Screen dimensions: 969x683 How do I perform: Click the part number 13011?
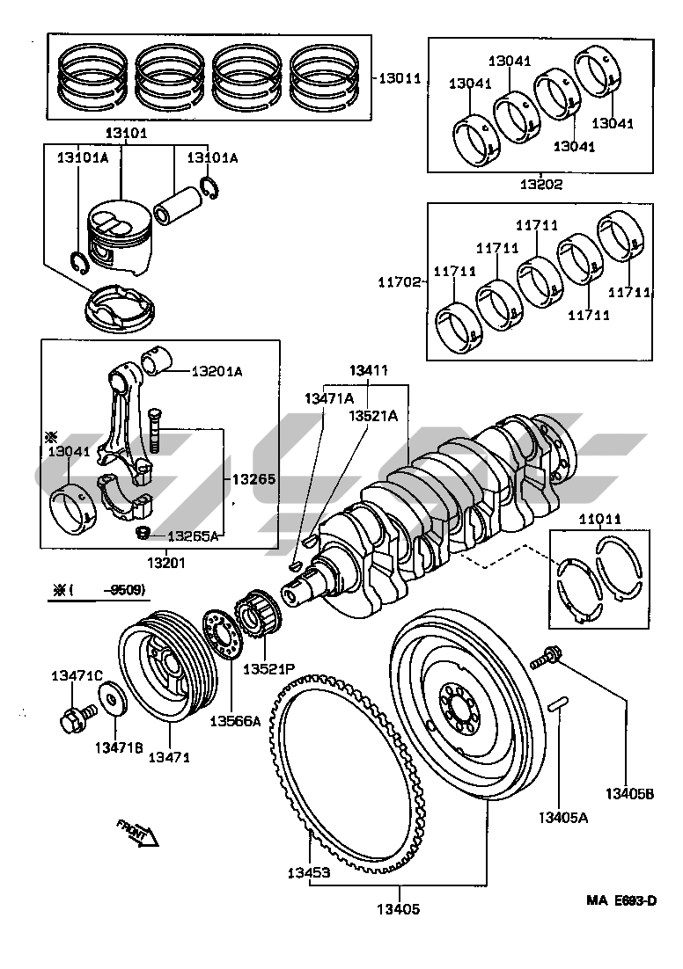click(401, 78)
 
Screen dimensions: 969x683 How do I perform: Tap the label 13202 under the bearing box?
click(540, 185)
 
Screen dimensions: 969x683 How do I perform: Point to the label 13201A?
click(217, 372)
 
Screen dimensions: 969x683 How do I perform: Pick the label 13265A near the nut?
click(193, 535)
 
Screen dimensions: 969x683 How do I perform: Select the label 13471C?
click(77, 675)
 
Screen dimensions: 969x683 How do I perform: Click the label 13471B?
click(119, 747)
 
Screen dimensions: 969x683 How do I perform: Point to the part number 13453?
click(308, 873)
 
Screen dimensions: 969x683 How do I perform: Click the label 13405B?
click(629, 795)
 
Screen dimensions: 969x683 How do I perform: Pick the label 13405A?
click(563, 818)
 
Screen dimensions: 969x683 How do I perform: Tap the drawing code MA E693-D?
click(622, 901)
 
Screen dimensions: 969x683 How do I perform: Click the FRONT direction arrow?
click(136, 831)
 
